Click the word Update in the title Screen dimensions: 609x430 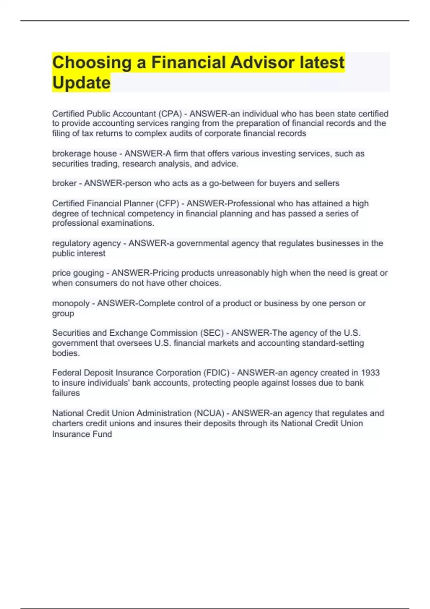coord(81,82)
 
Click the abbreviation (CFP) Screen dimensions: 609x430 coord(167,203)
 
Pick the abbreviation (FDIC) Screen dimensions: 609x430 coord(216,373)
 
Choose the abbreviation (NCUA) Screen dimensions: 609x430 coord(209,413)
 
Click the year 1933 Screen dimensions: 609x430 coord(370,373)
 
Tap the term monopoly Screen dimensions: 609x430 coord(71,303)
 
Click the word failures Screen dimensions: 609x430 coord(66,393)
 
